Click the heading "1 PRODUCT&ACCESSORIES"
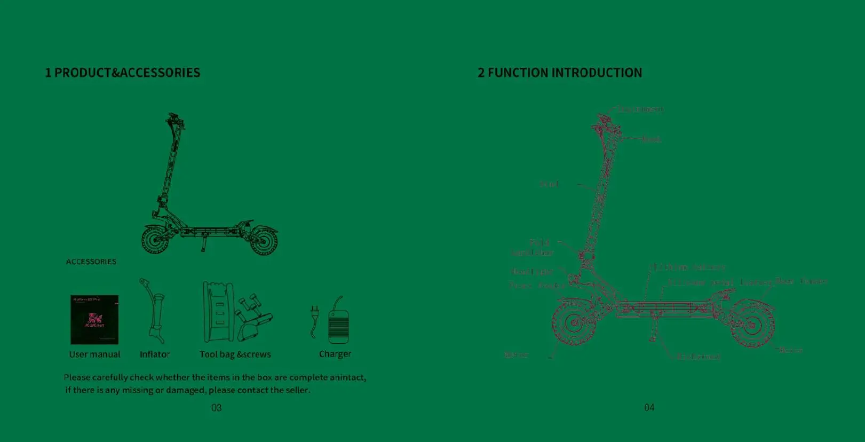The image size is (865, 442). pos(122,73)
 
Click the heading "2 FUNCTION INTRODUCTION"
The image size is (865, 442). pos(560,73)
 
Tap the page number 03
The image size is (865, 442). pos(216,408)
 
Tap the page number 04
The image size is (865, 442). pos(649,408)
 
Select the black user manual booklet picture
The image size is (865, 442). pos(94,319)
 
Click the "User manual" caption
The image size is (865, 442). pos(94,354)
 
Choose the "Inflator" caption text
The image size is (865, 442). pos(155,354)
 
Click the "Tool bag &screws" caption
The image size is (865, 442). pos(235,354)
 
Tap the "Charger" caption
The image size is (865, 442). pos(335,354)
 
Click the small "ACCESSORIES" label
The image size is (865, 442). pos(91,262)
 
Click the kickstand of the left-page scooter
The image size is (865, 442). pos(203,245)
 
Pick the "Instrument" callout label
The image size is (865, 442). pos(640,109)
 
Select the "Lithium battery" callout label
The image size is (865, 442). pos(688,267)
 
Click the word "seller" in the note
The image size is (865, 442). pos(297,390)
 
